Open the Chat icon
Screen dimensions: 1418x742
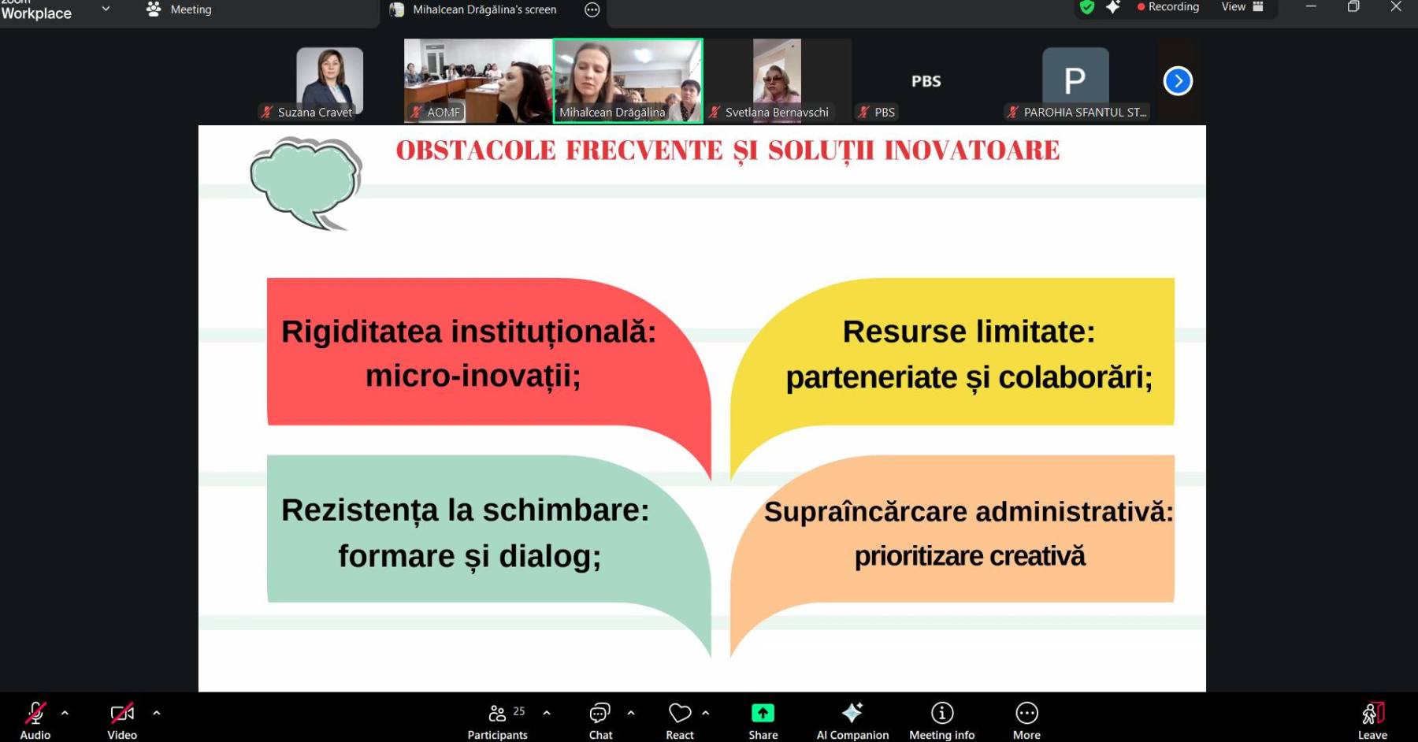599,713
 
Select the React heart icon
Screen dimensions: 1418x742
679,713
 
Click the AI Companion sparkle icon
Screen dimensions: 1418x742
852,713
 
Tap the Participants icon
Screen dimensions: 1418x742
497,713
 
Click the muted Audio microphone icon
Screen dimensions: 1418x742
35,713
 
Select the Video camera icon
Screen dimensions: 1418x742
122,713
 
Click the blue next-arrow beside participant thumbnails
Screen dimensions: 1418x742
1178,81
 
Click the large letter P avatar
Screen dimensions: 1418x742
1075,80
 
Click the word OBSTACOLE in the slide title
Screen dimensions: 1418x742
476,150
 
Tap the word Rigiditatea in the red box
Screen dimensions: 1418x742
362,332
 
